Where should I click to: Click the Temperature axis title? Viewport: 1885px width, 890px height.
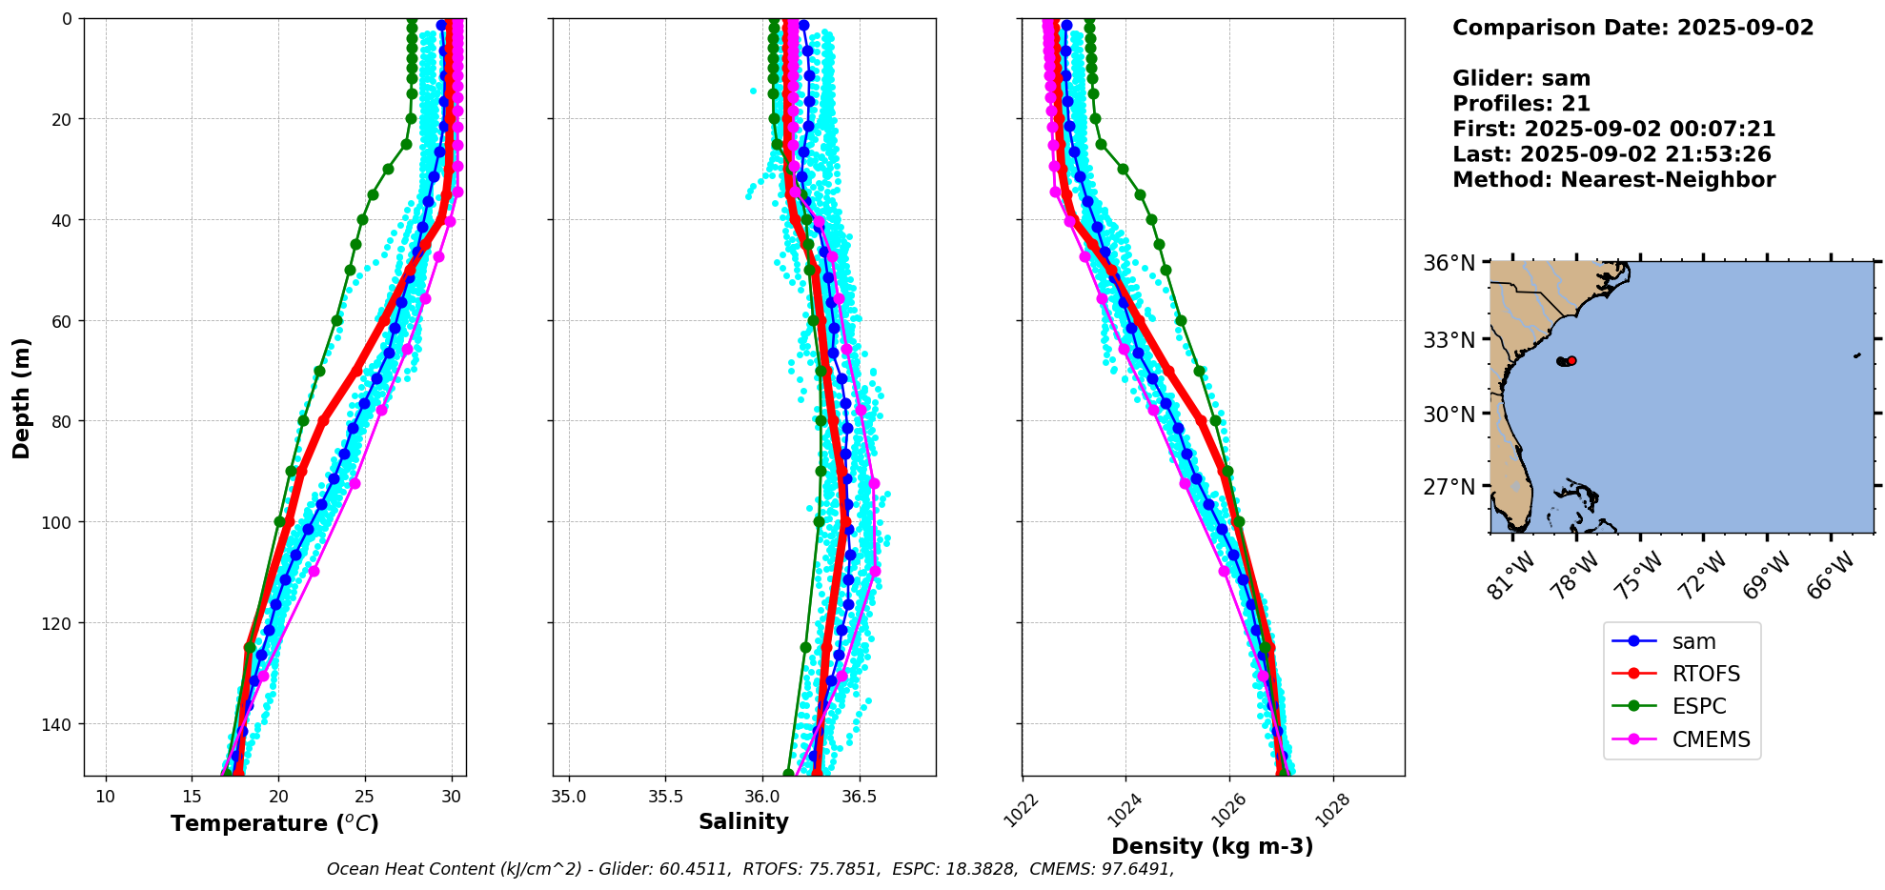(x=274, y=823)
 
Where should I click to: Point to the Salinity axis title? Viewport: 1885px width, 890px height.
(x=743, y=822)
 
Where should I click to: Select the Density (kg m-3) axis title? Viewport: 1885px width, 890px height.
(x=1212, y=846)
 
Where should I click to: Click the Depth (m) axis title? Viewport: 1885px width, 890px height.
(x=21, y=397)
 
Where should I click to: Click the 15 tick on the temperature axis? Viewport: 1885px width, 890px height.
(x=192, y=797)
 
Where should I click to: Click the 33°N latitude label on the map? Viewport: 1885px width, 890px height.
(x=1449, y=340)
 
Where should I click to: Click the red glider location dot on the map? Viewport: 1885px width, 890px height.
(x=1571, y=360)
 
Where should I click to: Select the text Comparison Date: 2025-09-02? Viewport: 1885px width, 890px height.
(x=1632, y=28)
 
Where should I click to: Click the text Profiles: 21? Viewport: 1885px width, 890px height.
(x=1521, y=104)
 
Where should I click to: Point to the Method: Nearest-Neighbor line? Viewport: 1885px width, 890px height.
(x=1613, y=180)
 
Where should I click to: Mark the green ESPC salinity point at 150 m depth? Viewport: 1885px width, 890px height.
(x=788, y=774)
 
